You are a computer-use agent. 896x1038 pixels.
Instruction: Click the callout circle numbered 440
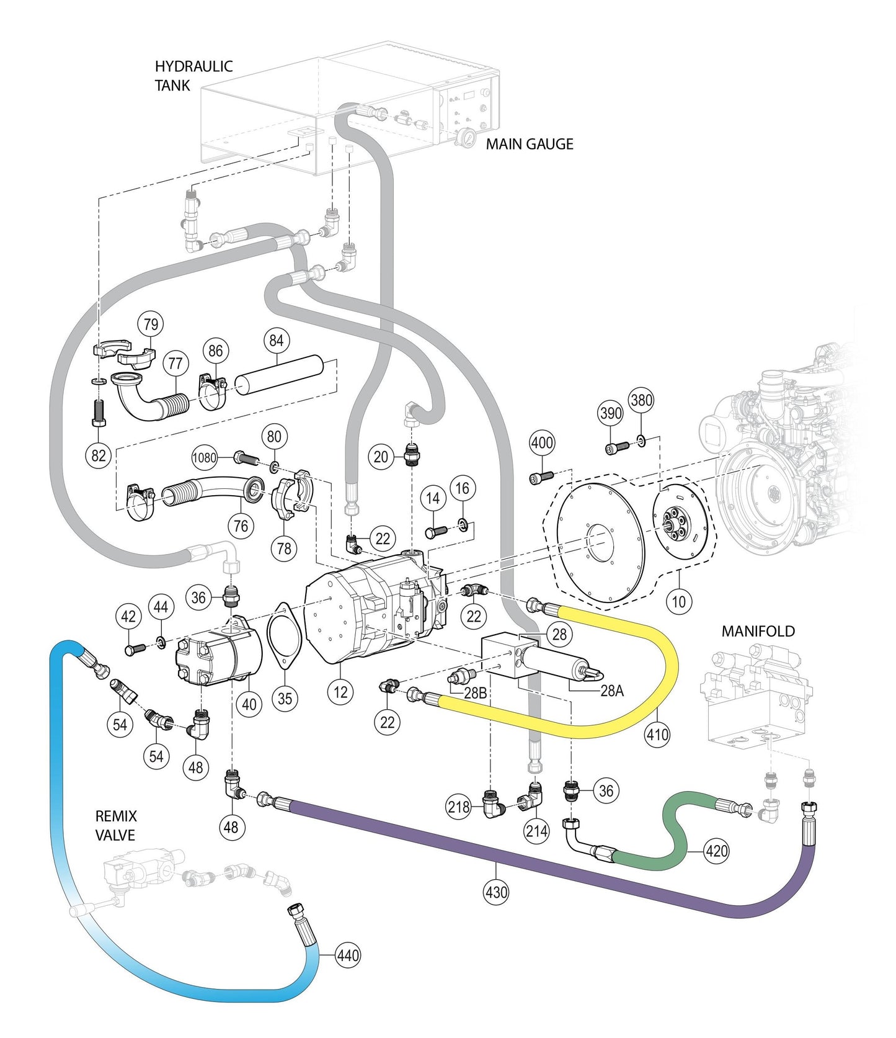pyautogui.click(x=348, y=955)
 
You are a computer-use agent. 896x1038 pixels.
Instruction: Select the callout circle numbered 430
pyautogui.click(x=496, y=892)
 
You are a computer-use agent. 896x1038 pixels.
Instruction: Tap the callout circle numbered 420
pyautogui.click(x=717, y=851)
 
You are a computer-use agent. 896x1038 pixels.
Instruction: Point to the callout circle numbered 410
pyautogui.click(x=657, y=735)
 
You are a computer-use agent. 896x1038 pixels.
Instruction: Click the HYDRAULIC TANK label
pyautogui.click(x=193, y=76)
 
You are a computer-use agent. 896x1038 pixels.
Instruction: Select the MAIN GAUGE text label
pyautogui.click(x=529, y=144)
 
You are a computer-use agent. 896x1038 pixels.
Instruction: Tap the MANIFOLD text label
pyautogui.click(x=758, y=631)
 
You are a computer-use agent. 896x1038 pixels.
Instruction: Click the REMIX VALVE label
pyautogui.click(x=116, y=825)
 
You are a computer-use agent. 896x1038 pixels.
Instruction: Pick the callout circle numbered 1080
pyautogui.click(x=204, y=458)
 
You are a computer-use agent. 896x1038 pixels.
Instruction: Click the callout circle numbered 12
pyautogui.click(x=340, y=691)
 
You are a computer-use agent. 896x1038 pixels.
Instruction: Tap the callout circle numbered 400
pyautogui.click(x=543, y=443)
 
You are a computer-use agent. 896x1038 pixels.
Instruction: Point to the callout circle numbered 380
pyautogui.click(x=641, y=400)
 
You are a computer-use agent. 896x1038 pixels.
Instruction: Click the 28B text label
pyautogui.click(x=475, y=693)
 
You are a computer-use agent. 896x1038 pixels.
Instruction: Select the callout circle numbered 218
pyautogui.click(x=458, y=807)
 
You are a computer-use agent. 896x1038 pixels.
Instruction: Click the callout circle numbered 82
pyautogui.click(x=99, y=455)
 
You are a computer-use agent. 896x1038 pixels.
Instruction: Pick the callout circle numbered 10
pyautogui.click(x=679, y=601)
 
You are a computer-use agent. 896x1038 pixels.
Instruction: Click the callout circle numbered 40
pyautogui.click(x=249, y=704)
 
